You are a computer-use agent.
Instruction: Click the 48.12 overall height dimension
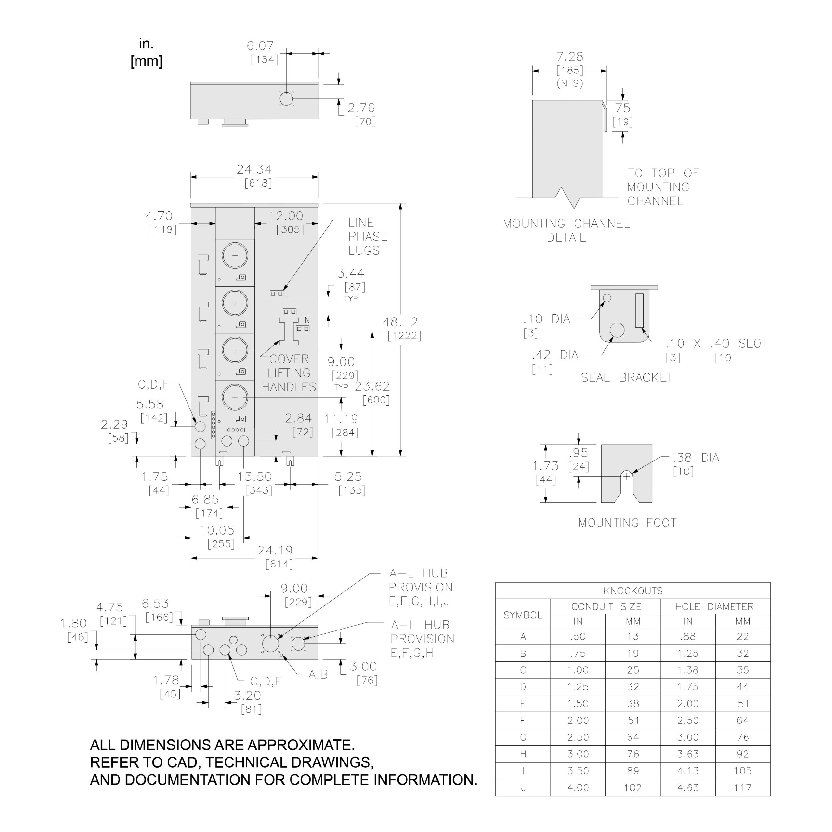pos(400,322)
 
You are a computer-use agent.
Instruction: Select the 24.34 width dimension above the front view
pos(254,170)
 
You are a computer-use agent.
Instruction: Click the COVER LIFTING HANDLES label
pos(289,373)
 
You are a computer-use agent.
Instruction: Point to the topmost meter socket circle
pos(235,255)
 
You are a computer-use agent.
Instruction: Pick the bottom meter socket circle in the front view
pos(235,397)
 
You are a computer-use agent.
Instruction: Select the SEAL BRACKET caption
pos(627,378)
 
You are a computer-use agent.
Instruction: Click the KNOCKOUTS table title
pos(633,591)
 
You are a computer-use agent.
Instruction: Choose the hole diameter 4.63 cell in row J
pos(688,788)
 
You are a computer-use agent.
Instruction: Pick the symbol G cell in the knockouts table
pos(523,737)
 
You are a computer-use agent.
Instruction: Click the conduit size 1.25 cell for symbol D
pos(578,687)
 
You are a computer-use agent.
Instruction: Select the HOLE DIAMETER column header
pos(714,607)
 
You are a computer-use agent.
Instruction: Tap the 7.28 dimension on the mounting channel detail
pos(570,57)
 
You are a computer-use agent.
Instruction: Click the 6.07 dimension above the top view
pos(260,45)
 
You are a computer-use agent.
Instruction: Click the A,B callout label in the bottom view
pos(318,675)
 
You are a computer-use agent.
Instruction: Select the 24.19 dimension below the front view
pos(275,550)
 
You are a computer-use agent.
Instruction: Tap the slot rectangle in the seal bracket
pos(640,310)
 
